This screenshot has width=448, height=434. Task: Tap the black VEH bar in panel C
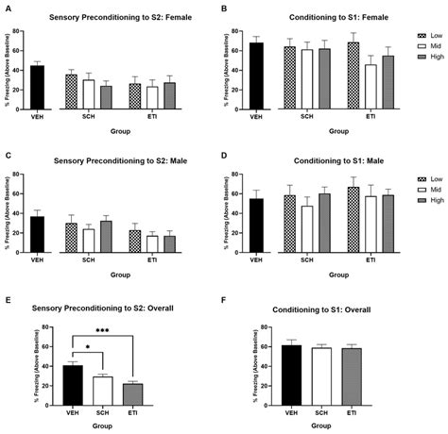[37, 235]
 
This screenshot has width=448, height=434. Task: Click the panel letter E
[8, 301]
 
